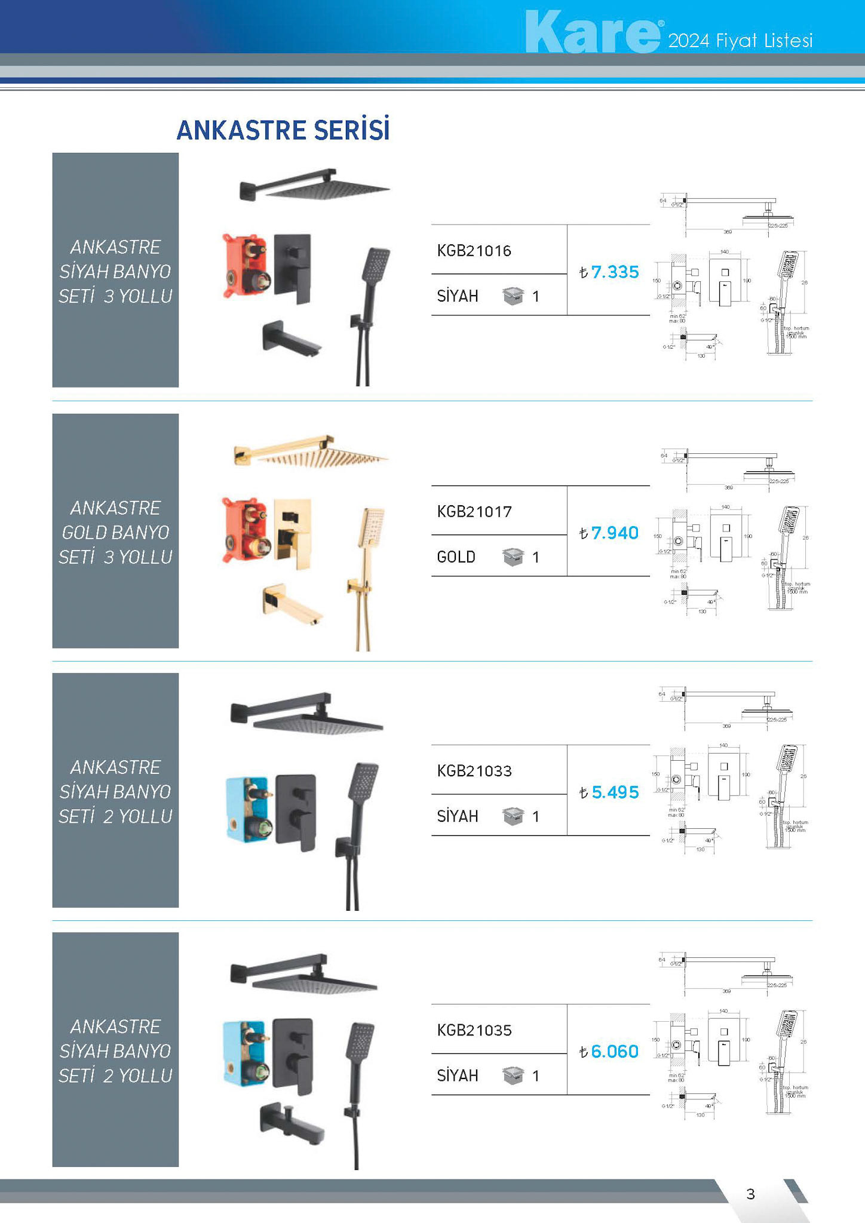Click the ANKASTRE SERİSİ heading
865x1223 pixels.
pos(283,130)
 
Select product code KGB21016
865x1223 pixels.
pos(474,251)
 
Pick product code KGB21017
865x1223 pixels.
pos(474,512)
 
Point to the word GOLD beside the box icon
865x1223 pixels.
pos(456,557)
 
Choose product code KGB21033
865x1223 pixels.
pos(474,771)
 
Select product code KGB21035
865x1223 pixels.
pos(474,1030)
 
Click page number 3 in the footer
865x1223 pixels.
pos(750,1194)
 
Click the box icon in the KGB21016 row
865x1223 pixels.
pos(513,296)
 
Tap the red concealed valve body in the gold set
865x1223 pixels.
pos(245,529)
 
